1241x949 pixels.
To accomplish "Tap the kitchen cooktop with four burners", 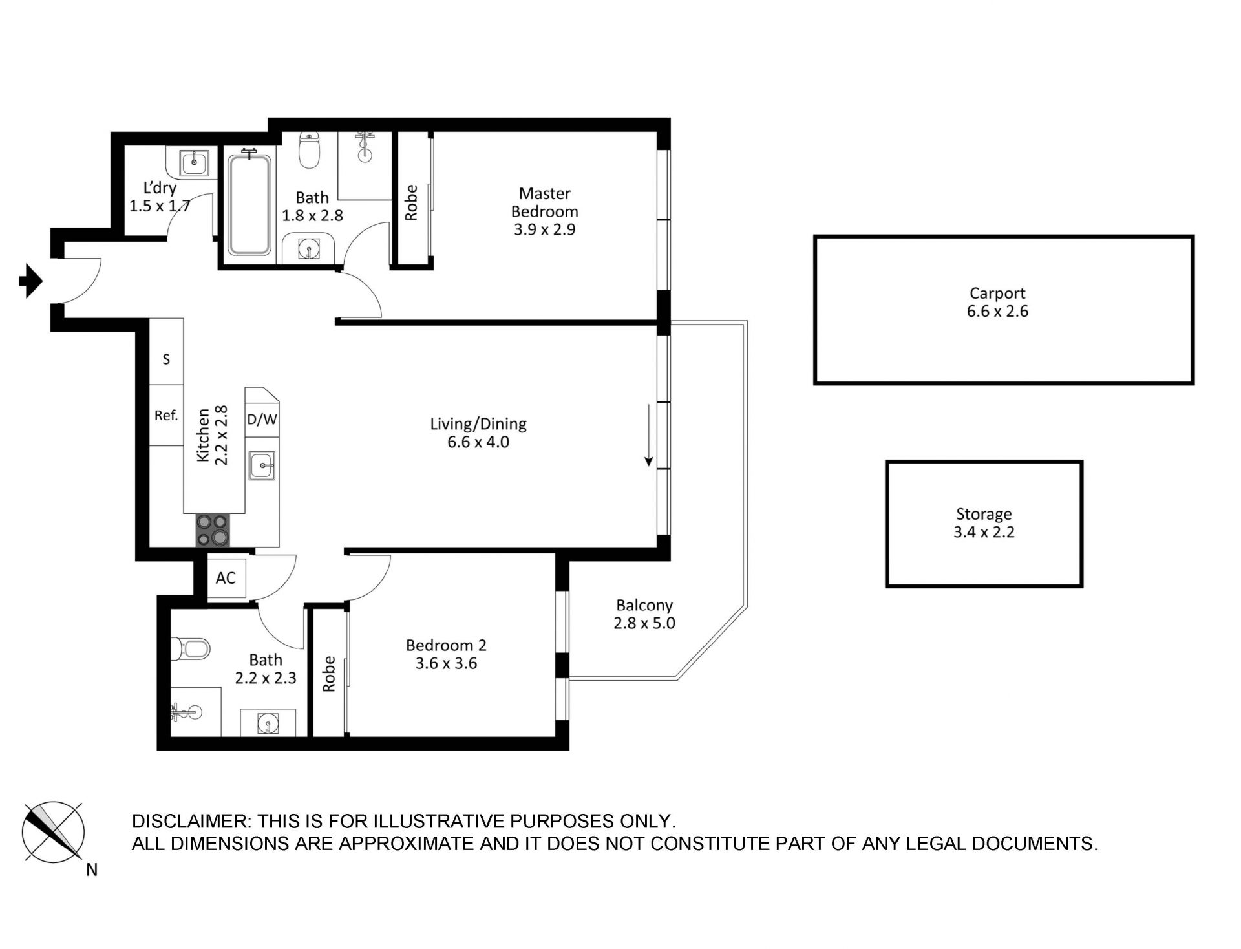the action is click(213, 530).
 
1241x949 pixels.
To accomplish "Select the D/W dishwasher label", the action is click(262, 420).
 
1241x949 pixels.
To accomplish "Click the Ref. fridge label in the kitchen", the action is click(166, 416).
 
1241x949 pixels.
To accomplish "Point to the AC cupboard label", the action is click(226, 578).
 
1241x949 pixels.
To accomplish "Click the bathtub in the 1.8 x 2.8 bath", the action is click(249, 204).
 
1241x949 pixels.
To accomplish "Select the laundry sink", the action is click(194, 162).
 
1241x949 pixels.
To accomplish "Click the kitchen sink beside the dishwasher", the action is click(262, 465).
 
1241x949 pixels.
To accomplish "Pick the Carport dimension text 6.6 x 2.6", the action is click(997, 312).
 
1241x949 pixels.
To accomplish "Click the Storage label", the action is click(984, 515).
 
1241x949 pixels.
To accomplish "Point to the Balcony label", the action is click(644, 606).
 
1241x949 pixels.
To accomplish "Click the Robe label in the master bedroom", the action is click(411, 202).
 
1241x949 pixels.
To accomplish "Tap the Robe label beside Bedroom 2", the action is click(329, 674).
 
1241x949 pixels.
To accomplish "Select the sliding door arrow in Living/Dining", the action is click(649, 435).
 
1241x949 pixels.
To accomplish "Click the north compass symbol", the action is click(53, 831).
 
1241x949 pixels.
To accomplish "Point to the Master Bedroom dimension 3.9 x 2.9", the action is click(544, 229).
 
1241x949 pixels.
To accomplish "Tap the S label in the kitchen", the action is click(166, 359).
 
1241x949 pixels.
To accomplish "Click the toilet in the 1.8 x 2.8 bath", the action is click(310, 150).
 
